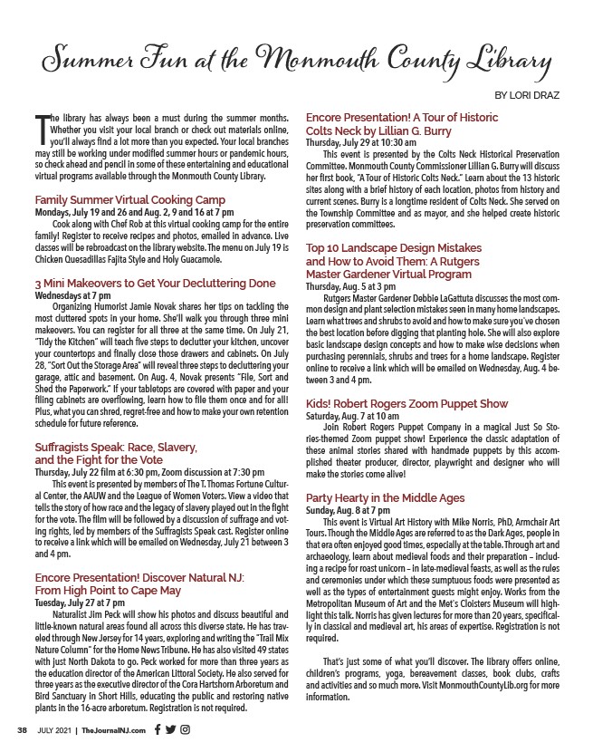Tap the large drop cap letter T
coord(41,132)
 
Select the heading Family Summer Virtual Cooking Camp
coord(129,199)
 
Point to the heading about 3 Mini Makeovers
coord(155,283)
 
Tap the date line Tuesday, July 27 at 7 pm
coord(80,576)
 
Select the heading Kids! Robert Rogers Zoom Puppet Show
coord(419,403)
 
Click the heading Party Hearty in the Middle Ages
coord(385,498)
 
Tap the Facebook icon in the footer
coord(158,728)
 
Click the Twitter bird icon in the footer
coord(171,728)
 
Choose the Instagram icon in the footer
coord(185,728)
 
